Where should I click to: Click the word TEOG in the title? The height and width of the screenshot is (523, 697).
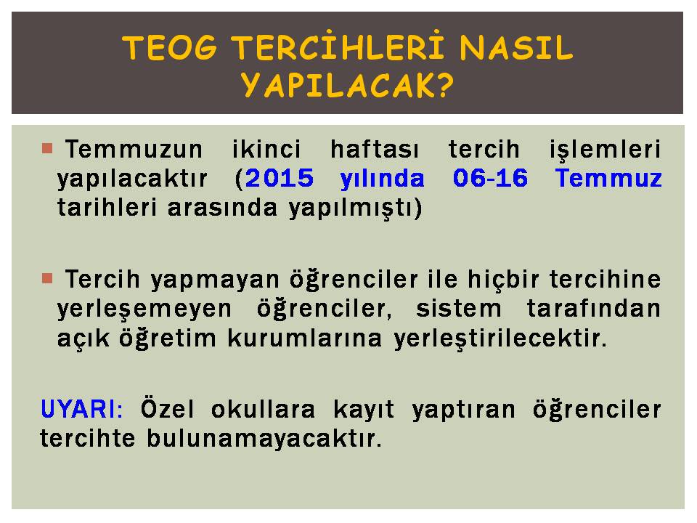tap(169, 48)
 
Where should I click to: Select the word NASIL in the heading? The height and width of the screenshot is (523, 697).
tap(516, 48)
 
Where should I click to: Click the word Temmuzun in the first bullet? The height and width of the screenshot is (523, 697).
tap(134, 150)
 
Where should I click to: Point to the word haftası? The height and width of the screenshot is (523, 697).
tap(375, 150)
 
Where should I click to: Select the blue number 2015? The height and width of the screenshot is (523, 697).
tap(279, 179)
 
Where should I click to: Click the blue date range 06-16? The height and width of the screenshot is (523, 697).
tap(490, 179)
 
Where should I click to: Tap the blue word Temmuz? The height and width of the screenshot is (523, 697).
tap(608, 179)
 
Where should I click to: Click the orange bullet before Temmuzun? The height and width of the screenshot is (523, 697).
tap(47, 148)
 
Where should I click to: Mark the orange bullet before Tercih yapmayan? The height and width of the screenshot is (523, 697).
tap(47, 279)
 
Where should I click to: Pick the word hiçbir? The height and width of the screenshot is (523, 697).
tap(504, 280)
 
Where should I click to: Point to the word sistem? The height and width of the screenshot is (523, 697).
tap(459, 309)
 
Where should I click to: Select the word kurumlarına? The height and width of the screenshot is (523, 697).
tap(305, 338)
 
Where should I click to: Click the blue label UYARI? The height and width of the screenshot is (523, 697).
tap(81, 409)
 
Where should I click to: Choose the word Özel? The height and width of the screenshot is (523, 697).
tap(168, 408)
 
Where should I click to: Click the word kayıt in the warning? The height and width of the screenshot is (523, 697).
tap(364, 410)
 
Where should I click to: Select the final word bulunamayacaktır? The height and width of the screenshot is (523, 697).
tap(264, 438)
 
